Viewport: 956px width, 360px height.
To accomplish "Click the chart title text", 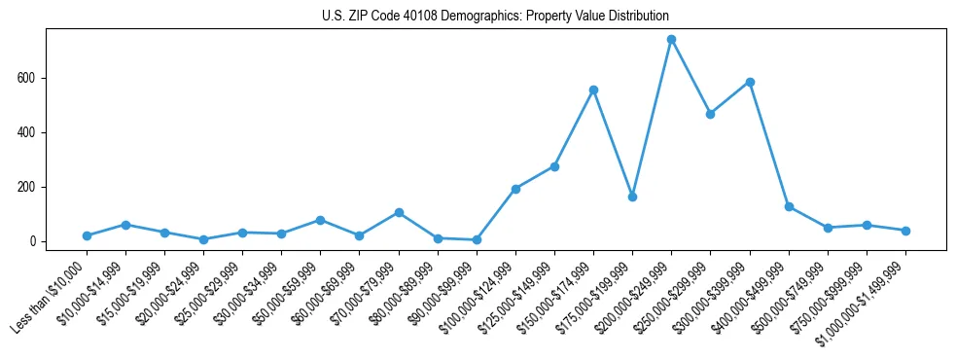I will click(x=495, y=17).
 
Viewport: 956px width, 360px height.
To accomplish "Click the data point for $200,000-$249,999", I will click(x=671, y=39).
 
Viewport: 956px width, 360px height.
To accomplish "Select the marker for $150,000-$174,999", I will click(x=593, y=90).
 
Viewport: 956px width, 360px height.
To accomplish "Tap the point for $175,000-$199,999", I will click(x=632, y=197).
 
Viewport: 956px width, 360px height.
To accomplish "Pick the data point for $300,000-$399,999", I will click(x=750, y=82).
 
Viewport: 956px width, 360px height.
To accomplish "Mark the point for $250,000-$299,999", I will click(x=710, y=114).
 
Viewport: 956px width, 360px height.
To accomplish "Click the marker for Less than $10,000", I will click(x=87, y=235).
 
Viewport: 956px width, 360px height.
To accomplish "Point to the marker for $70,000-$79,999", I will click(x=399, y=212).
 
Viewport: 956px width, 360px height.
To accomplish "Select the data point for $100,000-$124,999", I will click(x=515, y=189).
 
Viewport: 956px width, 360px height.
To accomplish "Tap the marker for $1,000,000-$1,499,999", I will click(x=905, y=231).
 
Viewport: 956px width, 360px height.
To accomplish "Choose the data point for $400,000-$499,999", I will click(x=789, y=206).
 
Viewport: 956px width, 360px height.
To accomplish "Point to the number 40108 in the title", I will click(x=403, y=17).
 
